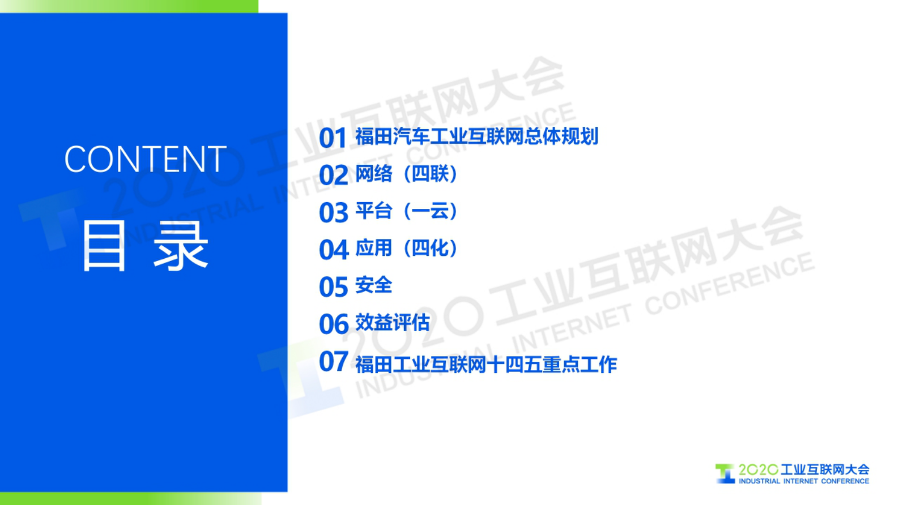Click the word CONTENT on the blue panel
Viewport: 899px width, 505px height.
click(x=145, y=159)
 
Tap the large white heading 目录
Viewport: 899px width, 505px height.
click(x=145, y=246)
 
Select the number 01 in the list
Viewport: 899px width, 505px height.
click(x=333, y=138)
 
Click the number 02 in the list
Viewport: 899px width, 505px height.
click(x=333, y=176)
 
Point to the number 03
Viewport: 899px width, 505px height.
click(x=333, y=213)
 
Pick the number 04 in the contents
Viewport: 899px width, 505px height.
click(x=333, y=250)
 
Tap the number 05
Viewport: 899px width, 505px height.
click(x=333, y=287)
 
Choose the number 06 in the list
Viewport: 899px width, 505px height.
click(x=333, y=324)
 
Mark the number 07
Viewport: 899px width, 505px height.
click(x=333, y=362)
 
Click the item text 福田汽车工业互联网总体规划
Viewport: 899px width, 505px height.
click(x=476, y=136)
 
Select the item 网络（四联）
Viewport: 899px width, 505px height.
click(x=406, y=174)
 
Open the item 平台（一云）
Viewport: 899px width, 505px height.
click(x=406, y=211)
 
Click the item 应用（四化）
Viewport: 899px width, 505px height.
click(x=406, y=248)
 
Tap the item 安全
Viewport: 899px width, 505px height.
click(x=373, y=285)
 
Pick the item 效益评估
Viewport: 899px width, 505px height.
click(x=392, y=323)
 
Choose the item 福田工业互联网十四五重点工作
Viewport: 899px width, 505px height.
click(x=485, y=365)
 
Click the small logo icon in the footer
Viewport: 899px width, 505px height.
click(x=725, y=474)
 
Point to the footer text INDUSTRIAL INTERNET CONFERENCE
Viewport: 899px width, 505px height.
click(x=803, y=481)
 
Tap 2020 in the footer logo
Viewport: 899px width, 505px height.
click(x=758, y=470)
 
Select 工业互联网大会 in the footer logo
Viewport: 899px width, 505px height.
click(x=825, y=470)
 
